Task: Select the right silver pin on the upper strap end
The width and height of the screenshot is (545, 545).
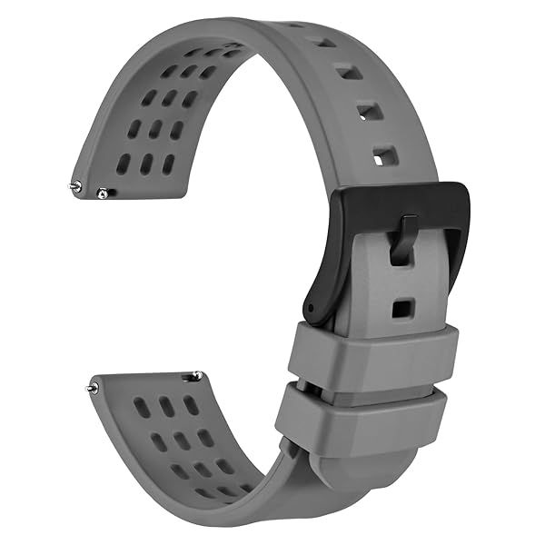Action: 103,193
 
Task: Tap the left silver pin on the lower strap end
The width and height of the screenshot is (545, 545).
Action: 92,388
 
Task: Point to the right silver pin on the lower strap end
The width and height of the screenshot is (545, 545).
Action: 196,374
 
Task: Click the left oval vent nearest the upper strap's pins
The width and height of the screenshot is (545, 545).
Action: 124,164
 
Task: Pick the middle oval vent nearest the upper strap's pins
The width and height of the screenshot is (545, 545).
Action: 145,164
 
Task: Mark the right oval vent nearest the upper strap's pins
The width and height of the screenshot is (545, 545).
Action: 168,164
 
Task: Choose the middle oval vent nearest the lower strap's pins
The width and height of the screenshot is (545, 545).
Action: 166,405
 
